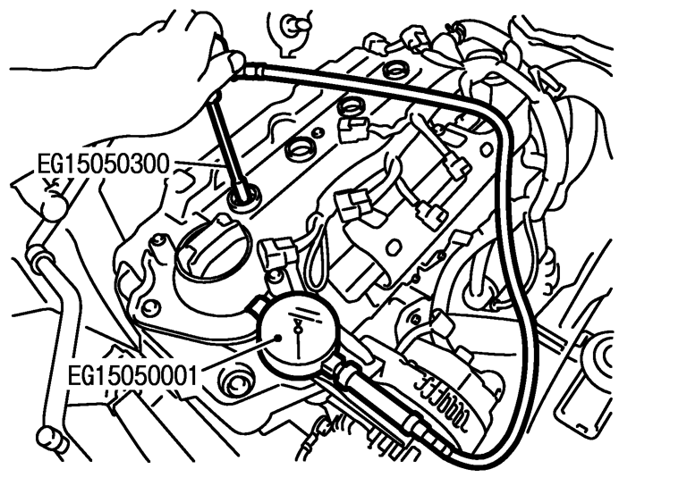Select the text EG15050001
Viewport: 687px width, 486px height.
133,368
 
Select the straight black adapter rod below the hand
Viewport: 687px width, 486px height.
227,134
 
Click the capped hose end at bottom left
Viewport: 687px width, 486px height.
48,439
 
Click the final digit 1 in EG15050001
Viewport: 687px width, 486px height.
193,368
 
